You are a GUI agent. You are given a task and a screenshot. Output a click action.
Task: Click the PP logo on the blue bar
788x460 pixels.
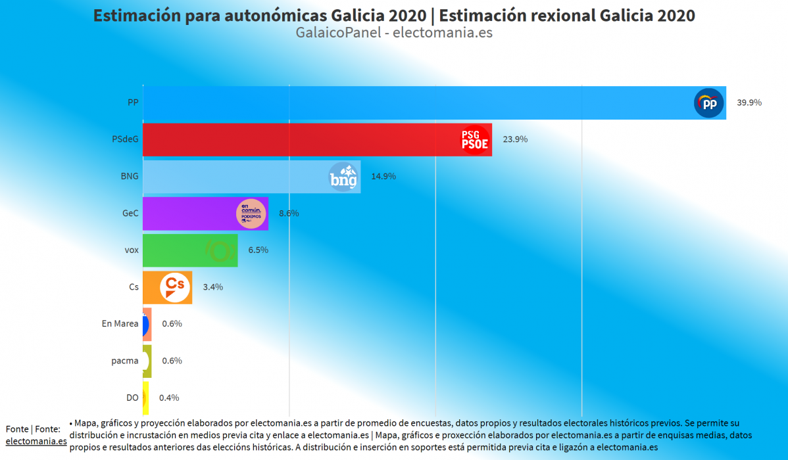(x=708, y=104)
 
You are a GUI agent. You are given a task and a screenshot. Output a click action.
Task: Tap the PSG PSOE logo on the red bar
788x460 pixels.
(x=475, y=139)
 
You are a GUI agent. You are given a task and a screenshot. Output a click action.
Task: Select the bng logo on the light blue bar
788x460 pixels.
(x=343, y=177)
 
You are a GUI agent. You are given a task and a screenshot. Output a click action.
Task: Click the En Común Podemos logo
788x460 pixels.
(x=251, y=213)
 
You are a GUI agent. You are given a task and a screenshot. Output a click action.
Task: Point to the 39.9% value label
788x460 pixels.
(x=749, y=103)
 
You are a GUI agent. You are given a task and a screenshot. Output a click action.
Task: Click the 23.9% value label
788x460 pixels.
(x=515, y=139)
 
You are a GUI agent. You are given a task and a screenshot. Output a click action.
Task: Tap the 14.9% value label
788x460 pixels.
(x=383, y=176)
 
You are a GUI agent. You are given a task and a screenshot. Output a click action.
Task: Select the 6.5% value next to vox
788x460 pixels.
(x=258, y=250)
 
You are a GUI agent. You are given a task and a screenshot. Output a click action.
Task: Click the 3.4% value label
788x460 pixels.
(x=212, y=287)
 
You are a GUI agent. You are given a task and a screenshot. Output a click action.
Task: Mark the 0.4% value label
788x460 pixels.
(x=169, y=398)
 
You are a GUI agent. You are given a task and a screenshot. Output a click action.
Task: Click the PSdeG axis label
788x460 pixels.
(x=125, y=139)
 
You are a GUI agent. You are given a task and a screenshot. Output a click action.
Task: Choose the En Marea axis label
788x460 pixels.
(x=120, y=323)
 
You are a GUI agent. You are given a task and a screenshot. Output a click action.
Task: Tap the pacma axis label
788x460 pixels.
(x=125, y=360)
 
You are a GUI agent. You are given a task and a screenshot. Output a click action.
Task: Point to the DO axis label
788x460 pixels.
(x=132, y=398)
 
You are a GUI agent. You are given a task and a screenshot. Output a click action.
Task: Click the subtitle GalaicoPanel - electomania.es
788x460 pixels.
(x=394, y=32)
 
